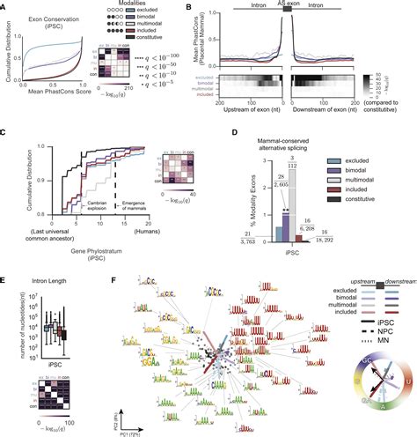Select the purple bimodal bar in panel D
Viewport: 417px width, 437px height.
[265, 248]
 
